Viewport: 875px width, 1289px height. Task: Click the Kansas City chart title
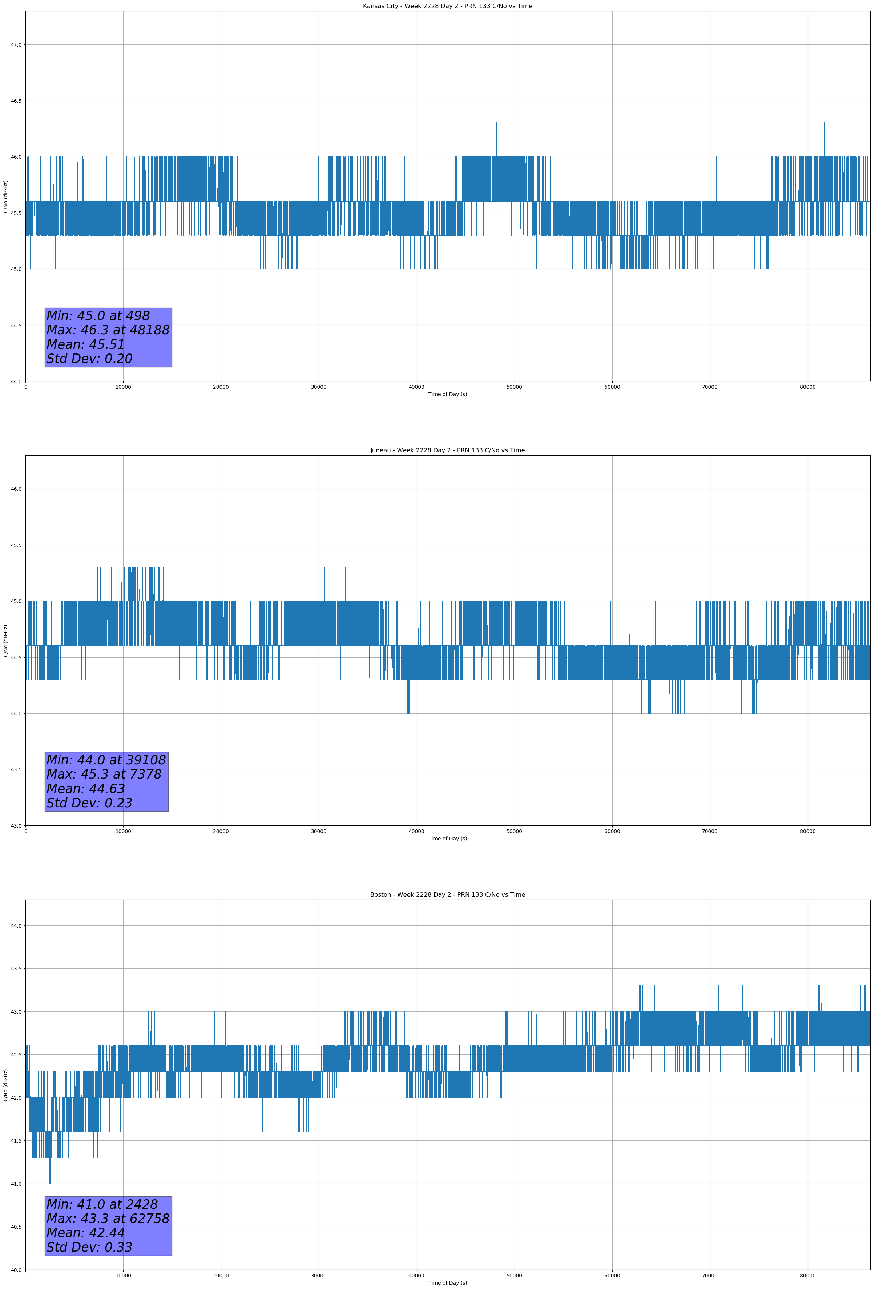pyautogui.click(x=447, y=6)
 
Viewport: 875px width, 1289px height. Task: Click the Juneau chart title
pyautogui.click(x=447, y=450)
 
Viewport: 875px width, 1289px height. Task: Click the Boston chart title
pyautogui.click(x=447, y=895)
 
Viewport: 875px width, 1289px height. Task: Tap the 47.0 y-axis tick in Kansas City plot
pyautogui.click(x=16, y=45)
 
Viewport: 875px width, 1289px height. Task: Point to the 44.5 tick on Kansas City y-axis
pyautogui.click(x=16, y=326)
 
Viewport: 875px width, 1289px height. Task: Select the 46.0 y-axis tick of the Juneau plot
pyautogui.click(x=16, y=489)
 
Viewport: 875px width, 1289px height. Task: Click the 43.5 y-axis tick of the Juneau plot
pyautogui.click(x=16, y=770)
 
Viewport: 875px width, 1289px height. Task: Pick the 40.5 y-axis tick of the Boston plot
pyautogui.click(x=16, y=1227)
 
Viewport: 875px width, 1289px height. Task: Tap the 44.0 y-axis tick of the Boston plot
pyautogui.click(x=16, y=926)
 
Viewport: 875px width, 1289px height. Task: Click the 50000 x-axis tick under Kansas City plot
pyautogui.click(x=514, y=387)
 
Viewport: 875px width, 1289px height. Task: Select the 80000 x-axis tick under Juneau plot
pyautogui.click(x=807, y=831)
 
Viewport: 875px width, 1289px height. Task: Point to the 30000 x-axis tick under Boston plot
pyautogui.click(x=318, y=1276)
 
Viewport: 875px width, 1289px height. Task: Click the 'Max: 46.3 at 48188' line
pyautogui.click(x=108, y=330)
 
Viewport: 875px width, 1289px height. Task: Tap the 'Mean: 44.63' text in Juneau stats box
pyautogui.click(x=85, y=789)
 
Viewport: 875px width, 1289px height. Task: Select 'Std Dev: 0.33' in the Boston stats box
pyautogui.click(x=89, y=1247)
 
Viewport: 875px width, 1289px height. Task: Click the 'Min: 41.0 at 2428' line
pyautogui.click(x=102, y=1204)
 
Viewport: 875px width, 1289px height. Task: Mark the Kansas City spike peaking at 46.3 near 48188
pyautogui.click(x=497, y=124)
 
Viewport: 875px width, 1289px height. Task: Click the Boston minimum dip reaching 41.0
pyautogui.click(x=49, y=1181)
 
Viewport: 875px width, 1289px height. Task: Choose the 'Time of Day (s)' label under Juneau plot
pyautogui.click(x=447, y=839)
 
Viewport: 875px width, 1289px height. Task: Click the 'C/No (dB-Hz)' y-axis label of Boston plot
pyautogui.click(x=5, y=1084)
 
